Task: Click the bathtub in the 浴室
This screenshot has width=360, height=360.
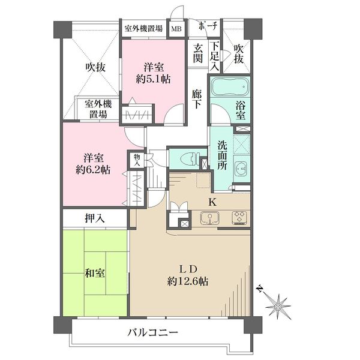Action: point(230,87)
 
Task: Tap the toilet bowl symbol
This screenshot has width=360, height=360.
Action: point(190,158)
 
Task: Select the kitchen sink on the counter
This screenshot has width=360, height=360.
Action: point(209,218)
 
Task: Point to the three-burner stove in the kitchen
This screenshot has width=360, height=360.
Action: point(239,217)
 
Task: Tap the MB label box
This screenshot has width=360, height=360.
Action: point(176,29)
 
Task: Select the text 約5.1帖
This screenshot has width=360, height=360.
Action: point(153,79)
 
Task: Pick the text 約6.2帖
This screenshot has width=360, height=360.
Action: point(93,170)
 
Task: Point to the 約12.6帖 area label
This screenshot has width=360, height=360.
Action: point(188,281)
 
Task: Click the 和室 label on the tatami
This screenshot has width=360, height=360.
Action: point(95,274)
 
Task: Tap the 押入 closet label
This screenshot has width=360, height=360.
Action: point(95,218)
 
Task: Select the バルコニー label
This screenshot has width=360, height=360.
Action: point(153,332)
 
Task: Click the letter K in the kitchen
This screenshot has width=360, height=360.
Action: point(212,202)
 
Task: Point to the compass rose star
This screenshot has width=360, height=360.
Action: point(278,307)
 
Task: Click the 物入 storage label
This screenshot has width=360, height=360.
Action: point(137,160)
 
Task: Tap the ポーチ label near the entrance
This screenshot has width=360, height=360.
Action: point(208,26)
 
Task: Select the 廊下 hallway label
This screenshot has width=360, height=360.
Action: point(197,99)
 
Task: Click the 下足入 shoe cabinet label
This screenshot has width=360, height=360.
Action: point(214,56)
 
